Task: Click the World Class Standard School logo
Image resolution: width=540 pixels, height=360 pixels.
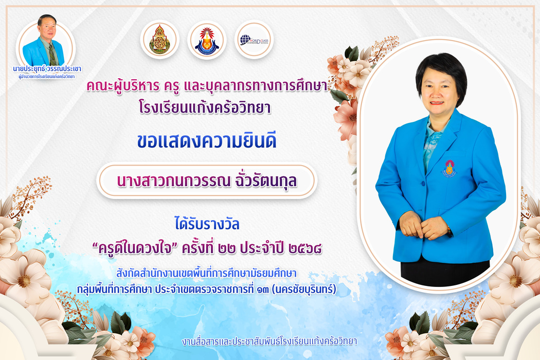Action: [254, 40]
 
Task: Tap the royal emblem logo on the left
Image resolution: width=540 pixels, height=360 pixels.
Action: [159, 40]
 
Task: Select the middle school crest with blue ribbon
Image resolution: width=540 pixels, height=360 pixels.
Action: [207, 40]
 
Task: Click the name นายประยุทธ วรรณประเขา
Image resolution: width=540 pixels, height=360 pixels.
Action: [47, 69]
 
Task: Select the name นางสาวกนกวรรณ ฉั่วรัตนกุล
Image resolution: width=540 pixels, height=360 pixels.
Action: [207, 181]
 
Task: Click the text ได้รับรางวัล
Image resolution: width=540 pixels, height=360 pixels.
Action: [207, 224]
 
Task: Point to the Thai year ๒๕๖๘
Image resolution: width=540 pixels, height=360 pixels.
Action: [305, 248]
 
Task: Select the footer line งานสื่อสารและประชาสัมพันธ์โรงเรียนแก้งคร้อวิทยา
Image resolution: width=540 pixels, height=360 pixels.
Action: [269, 341]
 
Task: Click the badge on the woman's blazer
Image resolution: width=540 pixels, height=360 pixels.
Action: [449, 169]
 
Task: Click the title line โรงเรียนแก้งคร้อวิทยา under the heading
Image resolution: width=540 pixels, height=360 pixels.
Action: [205, 107]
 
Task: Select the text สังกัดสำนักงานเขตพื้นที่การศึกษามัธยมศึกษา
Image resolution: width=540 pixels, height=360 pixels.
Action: [206, 274]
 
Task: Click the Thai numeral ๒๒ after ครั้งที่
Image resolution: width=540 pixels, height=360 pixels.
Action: [227, 248]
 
